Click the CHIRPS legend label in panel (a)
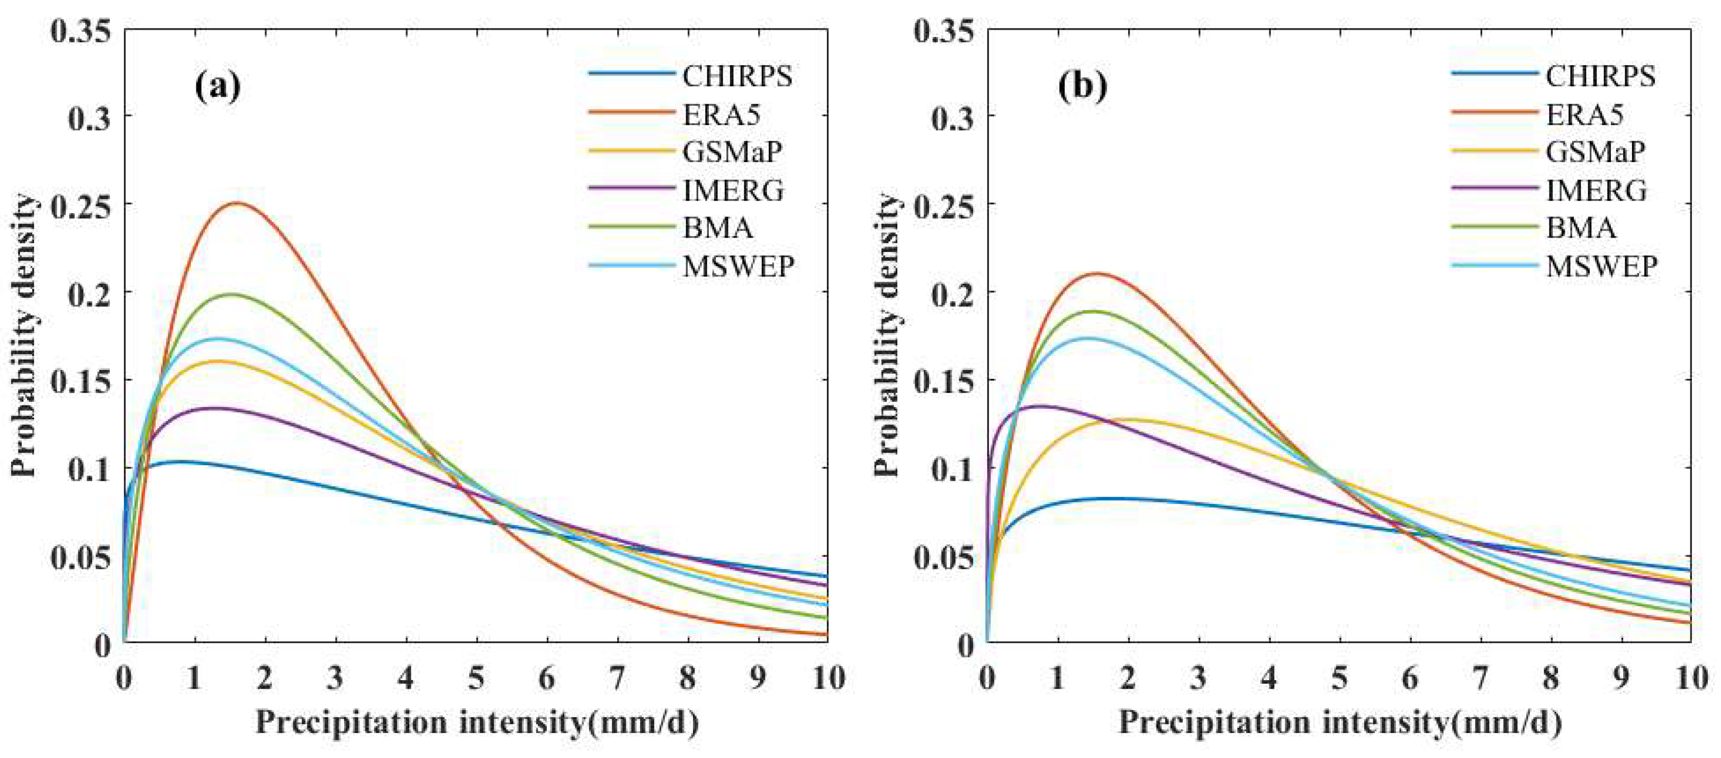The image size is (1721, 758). coord(737,77)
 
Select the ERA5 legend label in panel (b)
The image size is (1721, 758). coord(1584,115)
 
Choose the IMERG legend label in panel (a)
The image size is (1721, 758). coord(733,191)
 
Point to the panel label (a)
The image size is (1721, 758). coord(217,87)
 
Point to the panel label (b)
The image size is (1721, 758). coord(1082,87)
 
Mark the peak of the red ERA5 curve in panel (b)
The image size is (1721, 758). coord(1096,273)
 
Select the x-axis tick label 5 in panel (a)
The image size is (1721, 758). coord(476,679)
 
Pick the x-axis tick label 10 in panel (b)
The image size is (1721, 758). coord(1690,679)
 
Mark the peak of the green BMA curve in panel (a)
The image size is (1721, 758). coord(232,294)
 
